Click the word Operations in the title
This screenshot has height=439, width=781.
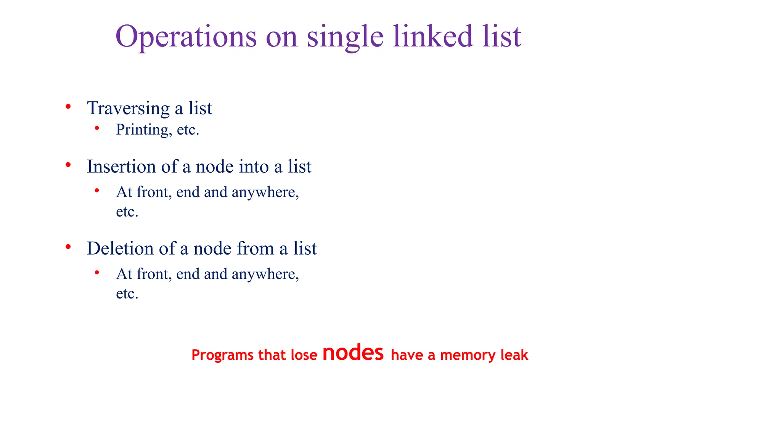tap(186, 37)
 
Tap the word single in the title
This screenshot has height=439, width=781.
tap(345, 37)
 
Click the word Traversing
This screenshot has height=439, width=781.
tap(128, 108)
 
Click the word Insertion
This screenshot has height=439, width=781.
tap(121, 167)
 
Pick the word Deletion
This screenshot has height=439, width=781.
tap(120, 248)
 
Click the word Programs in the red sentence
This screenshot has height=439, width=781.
tap(222, 355)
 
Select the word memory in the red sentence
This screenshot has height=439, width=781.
tap(468, 355)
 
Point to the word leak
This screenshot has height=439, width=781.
tap(514, 355)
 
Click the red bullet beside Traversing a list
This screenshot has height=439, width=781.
tap(68, 106)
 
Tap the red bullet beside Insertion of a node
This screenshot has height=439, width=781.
tap(68, 165)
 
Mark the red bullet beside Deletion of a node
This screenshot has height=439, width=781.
tap(68, 247)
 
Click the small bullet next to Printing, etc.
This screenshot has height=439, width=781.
tap(97, 128)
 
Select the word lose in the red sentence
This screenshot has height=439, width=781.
tap(304, 355)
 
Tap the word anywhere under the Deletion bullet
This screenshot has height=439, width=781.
tap(265, 274)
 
